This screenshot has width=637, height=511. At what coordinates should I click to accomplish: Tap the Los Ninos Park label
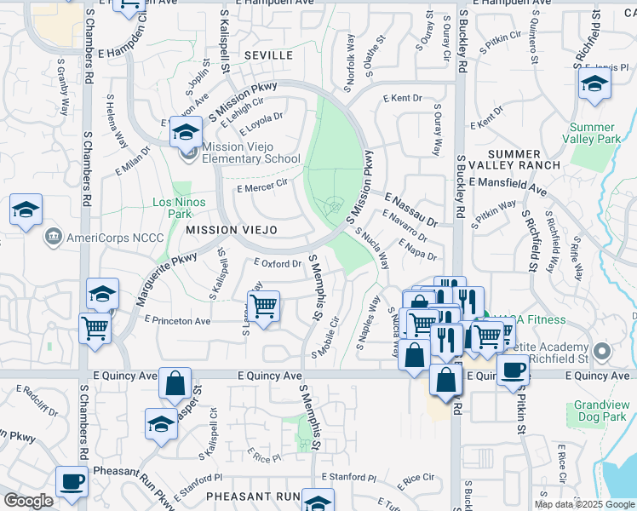173,209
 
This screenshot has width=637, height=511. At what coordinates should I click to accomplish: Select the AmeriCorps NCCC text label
106,236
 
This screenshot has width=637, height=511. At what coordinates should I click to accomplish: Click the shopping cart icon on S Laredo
264,307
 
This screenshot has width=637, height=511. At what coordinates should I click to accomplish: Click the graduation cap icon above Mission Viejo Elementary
185,133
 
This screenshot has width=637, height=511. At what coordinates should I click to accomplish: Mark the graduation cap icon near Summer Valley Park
594,83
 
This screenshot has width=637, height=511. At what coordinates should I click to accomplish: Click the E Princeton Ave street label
177,321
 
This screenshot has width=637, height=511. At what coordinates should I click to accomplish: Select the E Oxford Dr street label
278,263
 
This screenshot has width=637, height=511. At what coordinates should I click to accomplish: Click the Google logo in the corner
28,501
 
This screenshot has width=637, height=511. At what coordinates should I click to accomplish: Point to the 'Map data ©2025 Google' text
583,504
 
